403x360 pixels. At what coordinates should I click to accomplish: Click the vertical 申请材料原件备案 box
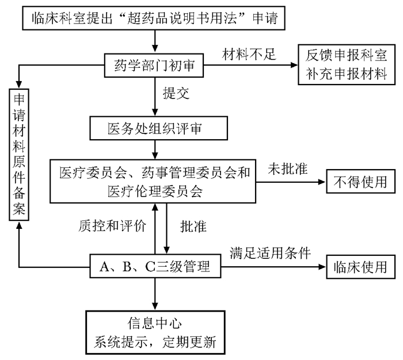(x=19, y=154)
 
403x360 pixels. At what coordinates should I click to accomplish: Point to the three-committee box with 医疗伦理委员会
(x=154, y=181)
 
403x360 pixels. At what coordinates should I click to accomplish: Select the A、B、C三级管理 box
(x=155, y=266)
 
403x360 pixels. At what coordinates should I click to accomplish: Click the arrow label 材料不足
(x=250, y=55)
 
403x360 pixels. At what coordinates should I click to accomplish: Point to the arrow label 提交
(x=176, y=92)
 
